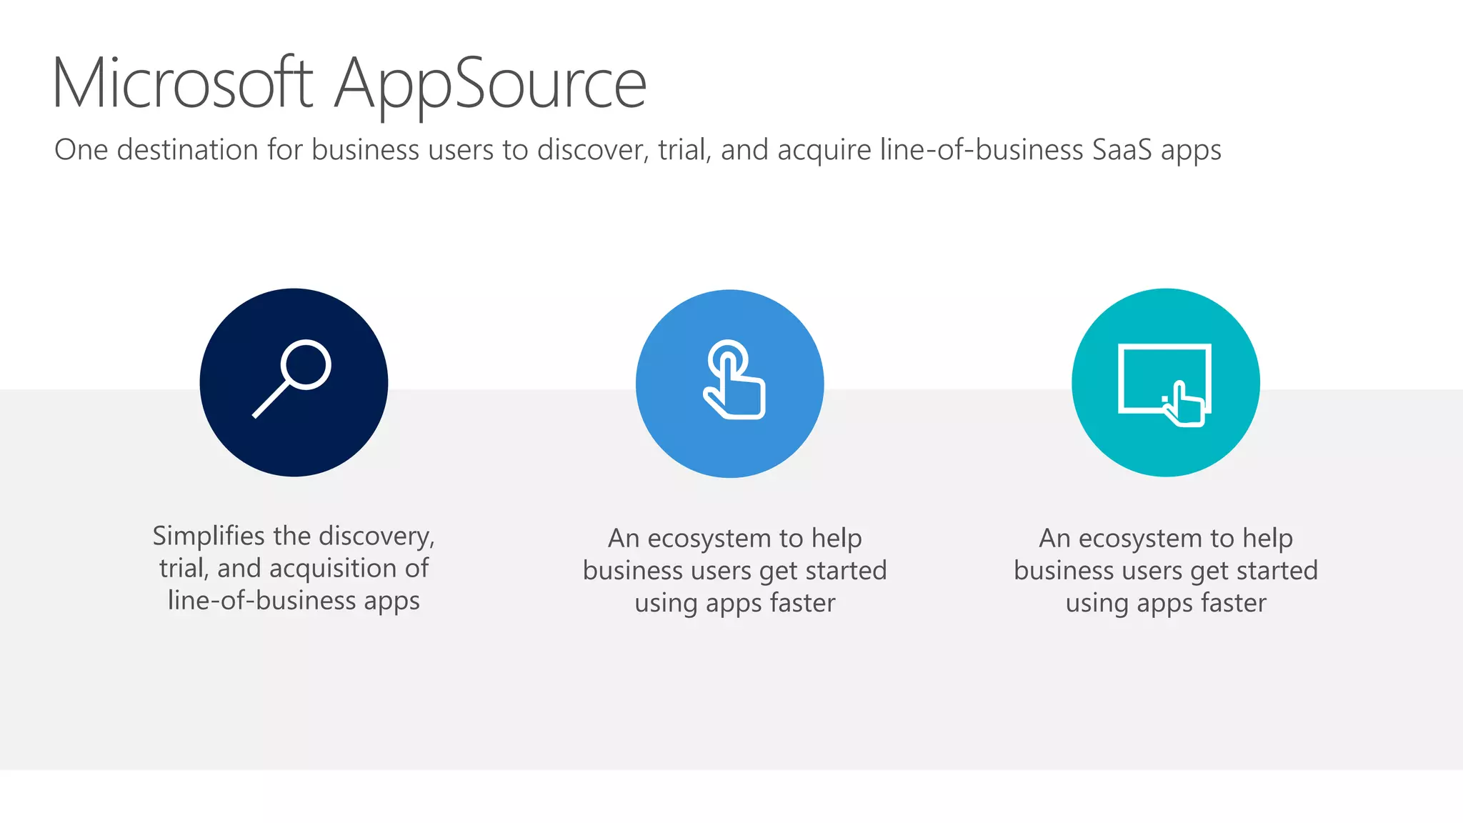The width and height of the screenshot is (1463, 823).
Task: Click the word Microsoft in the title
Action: [x=183, y=84]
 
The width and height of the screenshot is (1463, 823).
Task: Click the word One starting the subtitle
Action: [x=81, y=150]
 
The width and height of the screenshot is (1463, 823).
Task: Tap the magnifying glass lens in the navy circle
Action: [x=306, y=364]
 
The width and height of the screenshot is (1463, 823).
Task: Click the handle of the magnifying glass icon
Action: [x=270, y=400]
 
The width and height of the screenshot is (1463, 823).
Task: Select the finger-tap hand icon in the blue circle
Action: [x=733, y=382]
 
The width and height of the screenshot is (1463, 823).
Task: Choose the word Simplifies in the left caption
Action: [x=209, y=536]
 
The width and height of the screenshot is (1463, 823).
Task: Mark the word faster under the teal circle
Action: [x=1233, y=603]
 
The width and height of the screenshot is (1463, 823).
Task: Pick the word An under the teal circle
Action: [x=1054, y=539]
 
